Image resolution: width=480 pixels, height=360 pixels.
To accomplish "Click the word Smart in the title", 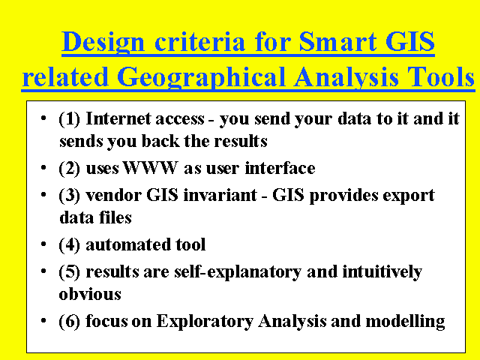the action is [337, 42].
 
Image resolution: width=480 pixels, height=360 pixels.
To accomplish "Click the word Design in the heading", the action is [103, 43].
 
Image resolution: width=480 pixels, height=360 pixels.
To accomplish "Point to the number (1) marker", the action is [69, 118].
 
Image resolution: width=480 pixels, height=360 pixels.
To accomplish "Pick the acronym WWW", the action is [150, 168].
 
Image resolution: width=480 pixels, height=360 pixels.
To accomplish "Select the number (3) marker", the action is [69, 195].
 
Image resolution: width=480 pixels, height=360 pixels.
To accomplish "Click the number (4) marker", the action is [69, 244].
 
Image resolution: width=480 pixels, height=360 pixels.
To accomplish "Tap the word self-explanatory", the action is [238, 272].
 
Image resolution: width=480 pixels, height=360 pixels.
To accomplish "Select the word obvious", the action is [90, 294].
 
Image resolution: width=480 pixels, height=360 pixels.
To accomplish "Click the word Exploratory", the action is [205, 322].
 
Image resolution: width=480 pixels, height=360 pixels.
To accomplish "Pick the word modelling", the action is [405, 322].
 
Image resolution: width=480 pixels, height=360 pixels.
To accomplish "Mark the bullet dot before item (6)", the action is [43, 320].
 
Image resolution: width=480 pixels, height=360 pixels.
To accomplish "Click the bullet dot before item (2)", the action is [43, 167].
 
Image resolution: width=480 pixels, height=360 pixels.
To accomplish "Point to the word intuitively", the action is [382, 272].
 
